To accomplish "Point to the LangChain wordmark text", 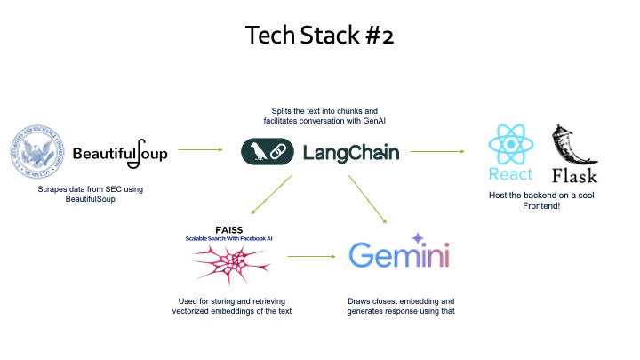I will pyautogui.click(x=351, y=153).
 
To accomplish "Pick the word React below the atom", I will pyautogui.click(x=510, y=173).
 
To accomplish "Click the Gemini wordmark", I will pyautogui.click(x=398, y=258).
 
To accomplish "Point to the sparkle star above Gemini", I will pyautogui.click(x=416, y=237).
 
